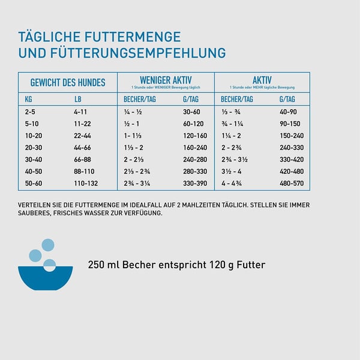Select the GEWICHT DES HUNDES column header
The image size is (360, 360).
point(68,83)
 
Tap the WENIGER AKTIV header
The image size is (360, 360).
point(165,80)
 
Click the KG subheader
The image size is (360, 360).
point(29,99)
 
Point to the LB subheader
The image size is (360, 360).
point(77,99)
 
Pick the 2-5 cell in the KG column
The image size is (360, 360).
point(30,112)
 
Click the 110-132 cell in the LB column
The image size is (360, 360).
point(85,184)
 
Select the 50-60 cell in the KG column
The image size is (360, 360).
point(34,184)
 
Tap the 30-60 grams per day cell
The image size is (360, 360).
point(191,112)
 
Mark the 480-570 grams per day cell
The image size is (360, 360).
point(292,184)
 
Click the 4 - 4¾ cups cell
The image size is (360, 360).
point(232,184)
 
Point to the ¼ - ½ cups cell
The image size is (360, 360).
point(132,112)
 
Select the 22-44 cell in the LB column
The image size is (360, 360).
point(82,136)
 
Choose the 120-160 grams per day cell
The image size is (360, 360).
point(194,136)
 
